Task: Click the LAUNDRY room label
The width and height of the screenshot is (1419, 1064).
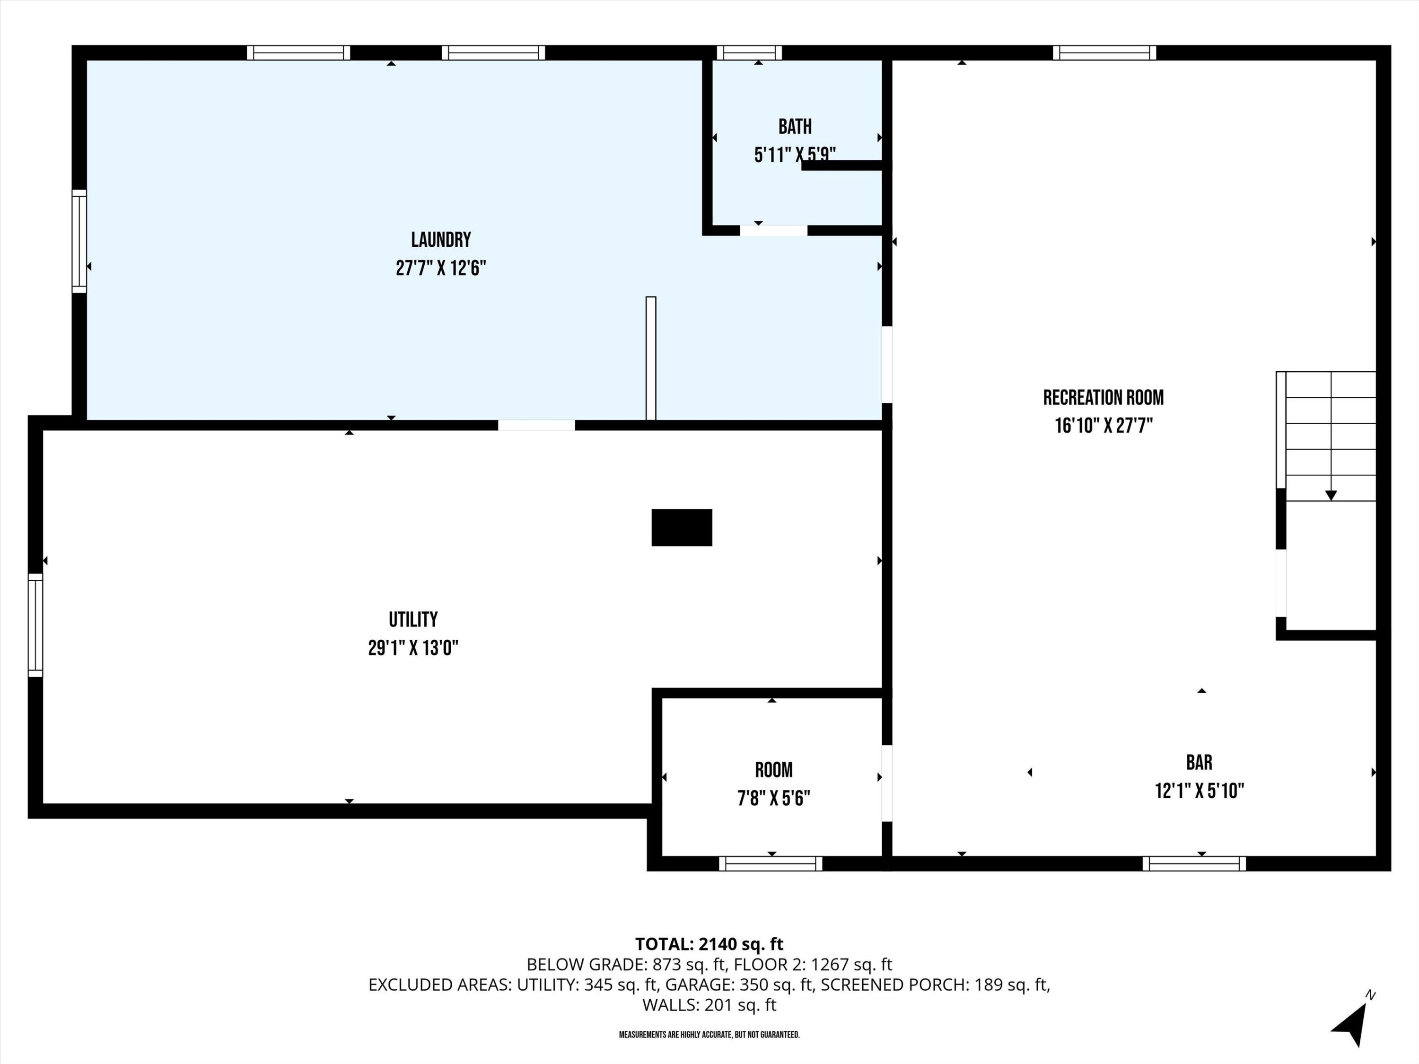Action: (441, 240)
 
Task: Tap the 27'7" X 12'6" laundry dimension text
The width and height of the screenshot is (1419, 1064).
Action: (441, 268)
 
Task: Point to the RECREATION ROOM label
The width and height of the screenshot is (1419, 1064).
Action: (1103, 398)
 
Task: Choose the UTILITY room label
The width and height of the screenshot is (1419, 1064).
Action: (413, 619)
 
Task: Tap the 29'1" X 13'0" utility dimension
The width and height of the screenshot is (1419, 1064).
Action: (413, 648)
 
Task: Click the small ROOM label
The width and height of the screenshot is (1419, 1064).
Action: (774, 769)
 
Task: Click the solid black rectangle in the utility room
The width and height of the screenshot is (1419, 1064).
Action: (681, 527)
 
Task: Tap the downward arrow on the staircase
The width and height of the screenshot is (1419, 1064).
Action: (1331, 495)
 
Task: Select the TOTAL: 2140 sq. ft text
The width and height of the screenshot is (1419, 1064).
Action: (709, 944)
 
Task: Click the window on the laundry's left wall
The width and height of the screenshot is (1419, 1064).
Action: (79, 241)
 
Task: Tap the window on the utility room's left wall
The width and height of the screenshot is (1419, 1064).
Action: (35, 625)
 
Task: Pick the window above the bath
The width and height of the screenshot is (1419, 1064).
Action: (749, 52)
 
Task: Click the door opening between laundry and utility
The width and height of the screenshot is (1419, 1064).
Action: (536, 425)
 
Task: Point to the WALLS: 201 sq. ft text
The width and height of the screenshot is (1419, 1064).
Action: (709, 1004)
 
